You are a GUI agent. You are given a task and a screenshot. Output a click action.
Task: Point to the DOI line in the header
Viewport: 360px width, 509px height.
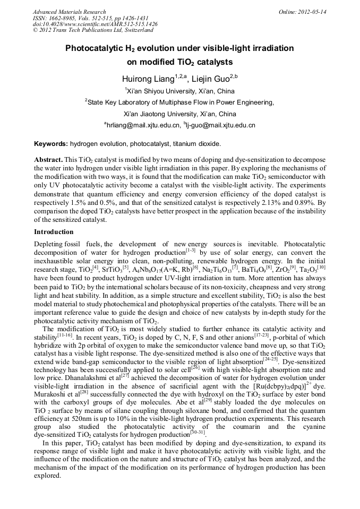point(95,24)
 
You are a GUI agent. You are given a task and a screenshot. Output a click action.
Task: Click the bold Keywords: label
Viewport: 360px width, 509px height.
point(51,144)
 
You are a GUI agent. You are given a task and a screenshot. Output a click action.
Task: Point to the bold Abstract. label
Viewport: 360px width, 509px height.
point(49,160)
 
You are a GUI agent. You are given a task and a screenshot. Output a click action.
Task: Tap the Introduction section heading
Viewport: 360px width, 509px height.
point(54,232)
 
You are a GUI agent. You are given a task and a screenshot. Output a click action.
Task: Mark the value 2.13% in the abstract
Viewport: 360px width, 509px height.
point(271,203)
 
